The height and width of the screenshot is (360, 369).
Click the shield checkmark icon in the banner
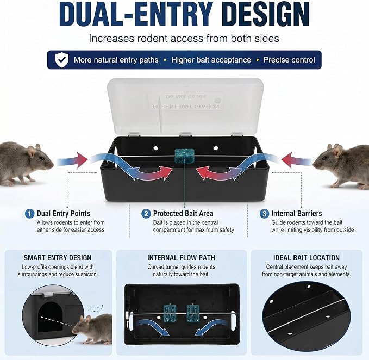pos(62,60)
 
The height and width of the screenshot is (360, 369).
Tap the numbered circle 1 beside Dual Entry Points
pos(30,214)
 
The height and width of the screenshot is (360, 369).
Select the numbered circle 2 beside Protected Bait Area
pos(146,214)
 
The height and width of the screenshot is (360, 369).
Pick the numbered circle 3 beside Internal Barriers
pos(264,214)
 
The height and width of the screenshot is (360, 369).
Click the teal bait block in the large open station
pos(185,156)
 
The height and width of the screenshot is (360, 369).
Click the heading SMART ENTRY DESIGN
pos(58,258)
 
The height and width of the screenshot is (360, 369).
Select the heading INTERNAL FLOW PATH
pos(181,258)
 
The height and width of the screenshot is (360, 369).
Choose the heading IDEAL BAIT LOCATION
pos(307,258)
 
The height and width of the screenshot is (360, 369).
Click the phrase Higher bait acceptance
pos(211,60)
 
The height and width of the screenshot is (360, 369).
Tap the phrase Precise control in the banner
pos(289,60)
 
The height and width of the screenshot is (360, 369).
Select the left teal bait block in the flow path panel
pos(170,313)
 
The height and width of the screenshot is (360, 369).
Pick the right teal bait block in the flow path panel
pos(193,313)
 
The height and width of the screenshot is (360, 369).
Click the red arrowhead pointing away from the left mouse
pos(82,160)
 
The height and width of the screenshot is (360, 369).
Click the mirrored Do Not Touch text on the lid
pos(186,97)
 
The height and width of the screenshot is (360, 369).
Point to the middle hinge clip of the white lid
pos(186,134)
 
